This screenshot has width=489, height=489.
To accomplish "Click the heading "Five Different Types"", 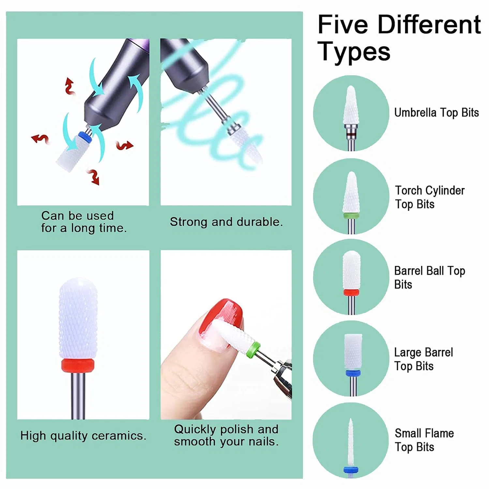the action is point(399,38).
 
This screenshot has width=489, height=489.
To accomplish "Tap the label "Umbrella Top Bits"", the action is point(437,113).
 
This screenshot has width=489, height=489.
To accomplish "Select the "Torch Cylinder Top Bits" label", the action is point(430,197).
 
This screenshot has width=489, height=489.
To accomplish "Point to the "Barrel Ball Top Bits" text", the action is point(430,277).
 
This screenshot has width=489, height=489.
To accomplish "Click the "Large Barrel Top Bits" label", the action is point(423,359).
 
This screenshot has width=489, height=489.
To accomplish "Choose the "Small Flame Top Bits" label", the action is point(424,440).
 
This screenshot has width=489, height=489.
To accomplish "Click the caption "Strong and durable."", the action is point(226,222).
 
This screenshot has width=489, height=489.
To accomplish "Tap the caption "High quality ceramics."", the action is point(83,436).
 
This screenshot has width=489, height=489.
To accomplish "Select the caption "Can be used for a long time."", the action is point(84,222).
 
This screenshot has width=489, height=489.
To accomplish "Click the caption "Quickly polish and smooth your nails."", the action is point(226,435).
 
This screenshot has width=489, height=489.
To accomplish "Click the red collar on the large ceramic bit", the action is point(78,365).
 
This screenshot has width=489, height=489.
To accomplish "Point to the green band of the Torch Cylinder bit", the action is point(351,215).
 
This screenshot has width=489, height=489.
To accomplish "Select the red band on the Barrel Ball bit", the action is point(351,292).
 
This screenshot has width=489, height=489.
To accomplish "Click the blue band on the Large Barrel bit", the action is point(353,373).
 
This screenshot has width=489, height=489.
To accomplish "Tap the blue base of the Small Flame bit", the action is point(351,469).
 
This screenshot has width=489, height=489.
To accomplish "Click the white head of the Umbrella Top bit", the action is point(351,105).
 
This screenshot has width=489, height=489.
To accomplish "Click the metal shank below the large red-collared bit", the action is point(78,395).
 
